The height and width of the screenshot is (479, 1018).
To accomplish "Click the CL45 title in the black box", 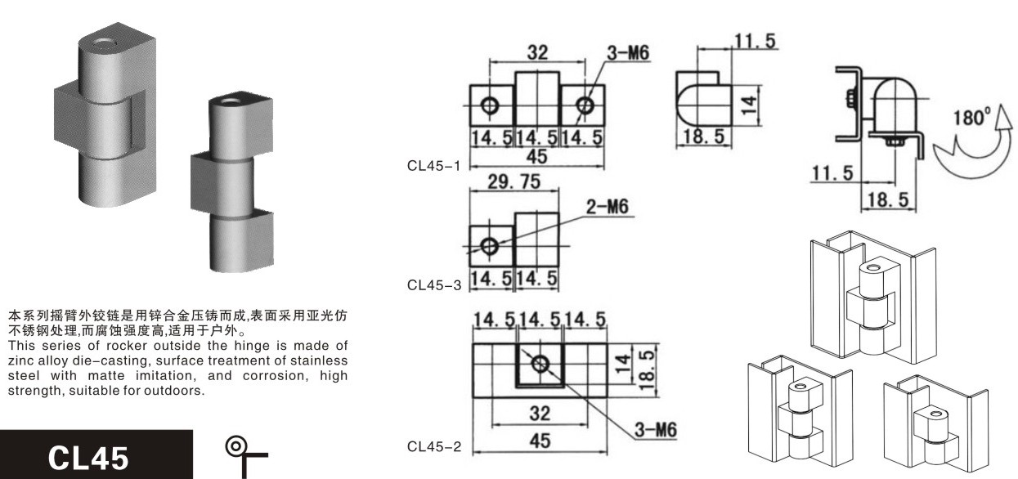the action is (x=88, y=458).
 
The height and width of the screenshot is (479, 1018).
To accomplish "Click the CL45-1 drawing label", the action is (x=434, y=166).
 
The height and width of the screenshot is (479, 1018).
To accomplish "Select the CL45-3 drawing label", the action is (x=434, y=285).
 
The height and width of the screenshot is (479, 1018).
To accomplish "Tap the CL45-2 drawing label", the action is (x=434, y=447).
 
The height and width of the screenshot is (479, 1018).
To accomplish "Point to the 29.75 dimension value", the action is (x=514, y=181).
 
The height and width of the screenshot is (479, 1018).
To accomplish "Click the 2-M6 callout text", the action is (x=608, y=207).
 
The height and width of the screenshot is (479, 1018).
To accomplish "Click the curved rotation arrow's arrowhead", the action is (x=1002, y=119).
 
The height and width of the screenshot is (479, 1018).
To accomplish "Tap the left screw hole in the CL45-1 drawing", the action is (x=490, y=106).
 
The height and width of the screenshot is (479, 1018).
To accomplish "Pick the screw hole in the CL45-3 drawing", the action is (x=490, y=247).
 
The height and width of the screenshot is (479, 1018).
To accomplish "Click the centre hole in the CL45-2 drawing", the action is (x=540, y=364).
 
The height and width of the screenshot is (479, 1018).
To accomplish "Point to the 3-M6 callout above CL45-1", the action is (x=628, y=53).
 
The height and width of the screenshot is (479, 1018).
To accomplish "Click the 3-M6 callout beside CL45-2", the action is (x=655, y=430).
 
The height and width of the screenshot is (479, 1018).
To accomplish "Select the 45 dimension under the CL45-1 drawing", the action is (x=536, y=157).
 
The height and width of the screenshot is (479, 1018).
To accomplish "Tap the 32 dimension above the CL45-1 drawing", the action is (x=537, y=52).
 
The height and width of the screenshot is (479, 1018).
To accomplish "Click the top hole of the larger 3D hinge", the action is (x=104, y=44).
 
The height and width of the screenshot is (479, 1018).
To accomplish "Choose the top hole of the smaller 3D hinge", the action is (x=231, y=101).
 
